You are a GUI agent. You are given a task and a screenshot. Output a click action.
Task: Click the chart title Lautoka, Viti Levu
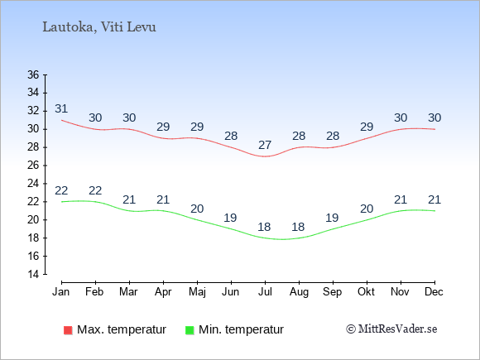(99, 27)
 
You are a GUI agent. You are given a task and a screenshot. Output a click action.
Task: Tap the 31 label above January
(61, 108)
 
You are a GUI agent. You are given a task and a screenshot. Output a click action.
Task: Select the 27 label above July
(265, 145)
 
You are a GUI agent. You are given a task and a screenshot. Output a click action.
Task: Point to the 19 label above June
(230, 218)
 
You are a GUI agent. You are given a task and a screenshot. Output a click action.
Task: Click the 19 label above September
(332, 218)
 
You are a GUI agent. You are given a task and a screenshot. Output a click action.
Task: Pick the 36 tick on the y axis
(33, 74)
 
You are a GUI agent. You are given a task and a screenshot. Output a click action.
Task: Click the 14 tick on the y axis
(33, 274)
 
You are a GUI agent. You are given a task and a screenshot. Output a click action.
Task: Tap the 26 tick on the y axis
(33, 166)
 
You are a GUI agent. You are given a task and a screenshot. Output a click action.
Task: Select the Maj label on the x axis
(197, 292)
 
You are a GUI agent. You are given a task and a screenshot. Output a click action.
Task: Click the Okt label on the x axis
(366, 292)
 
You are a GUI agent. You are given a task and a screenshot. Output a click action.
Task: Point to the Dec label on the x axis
(434, 292)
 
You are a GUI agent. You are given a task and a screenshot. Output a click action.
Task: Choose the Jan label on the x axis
(61, 292)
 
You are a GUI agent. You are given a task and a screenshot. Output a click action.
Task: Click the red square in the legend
(68, 330)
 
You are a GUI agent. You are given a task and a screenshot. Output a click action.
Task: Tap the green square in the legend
(190, 330)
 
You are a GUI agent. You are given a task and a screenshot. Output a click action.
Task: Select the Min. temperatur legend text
(241, 329)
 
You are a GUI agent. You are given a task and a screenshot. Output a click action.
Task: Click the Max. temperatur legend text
(122, 329)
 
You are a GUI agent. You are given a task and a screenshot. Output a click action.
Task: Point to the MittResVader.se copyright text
(391, 329)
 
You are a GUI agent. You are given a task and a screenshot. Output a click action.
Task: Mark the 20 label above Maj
(197, 209)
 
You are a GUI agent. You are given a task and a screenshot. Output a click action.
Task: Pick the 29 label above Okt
(367, 127)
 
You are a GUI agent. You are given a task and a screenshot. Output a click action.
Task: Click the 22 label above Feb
(95, 190)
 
